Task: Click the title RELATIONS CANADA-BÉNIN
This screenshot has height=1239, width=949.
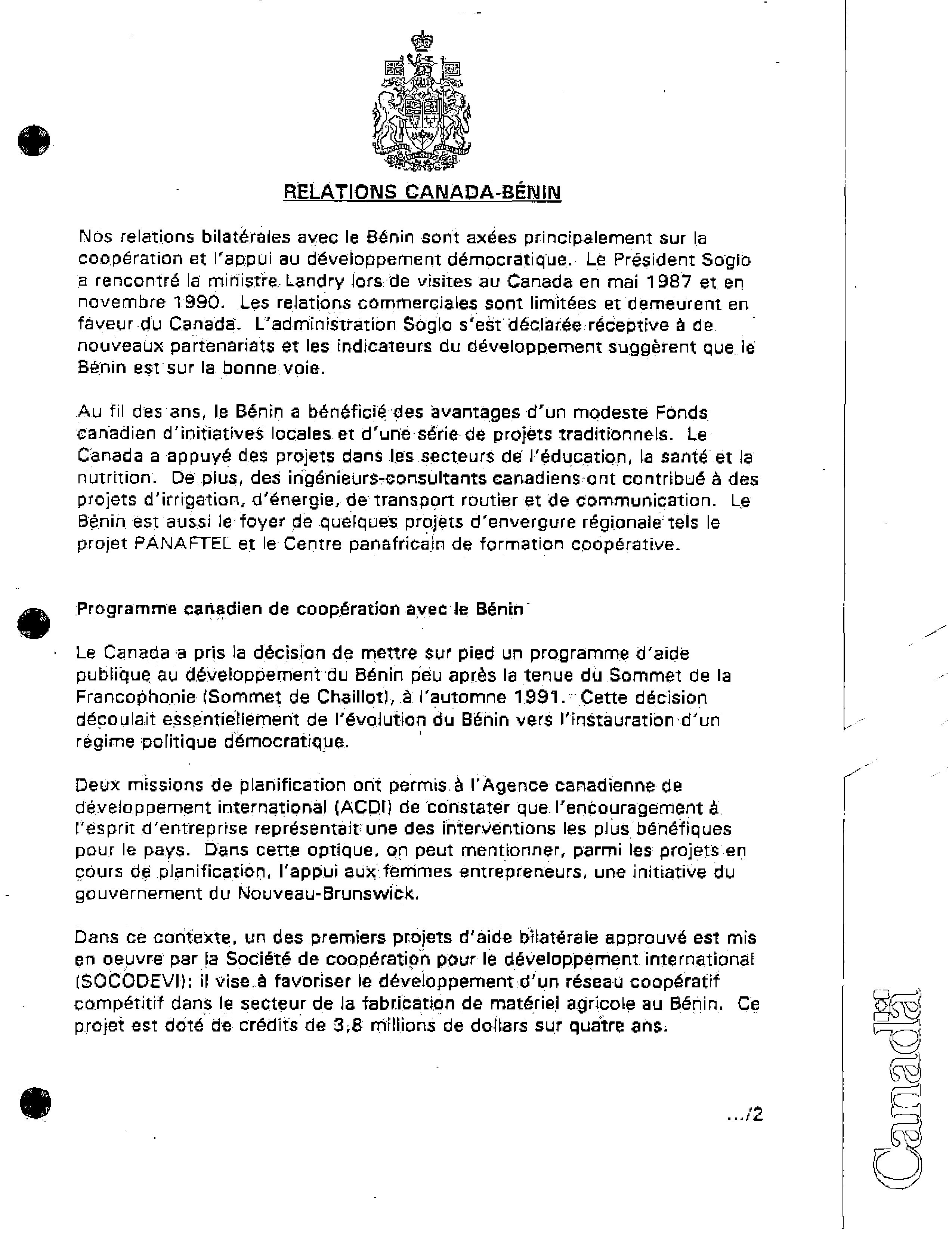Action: pyautogui.click(x=421, y=192)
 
